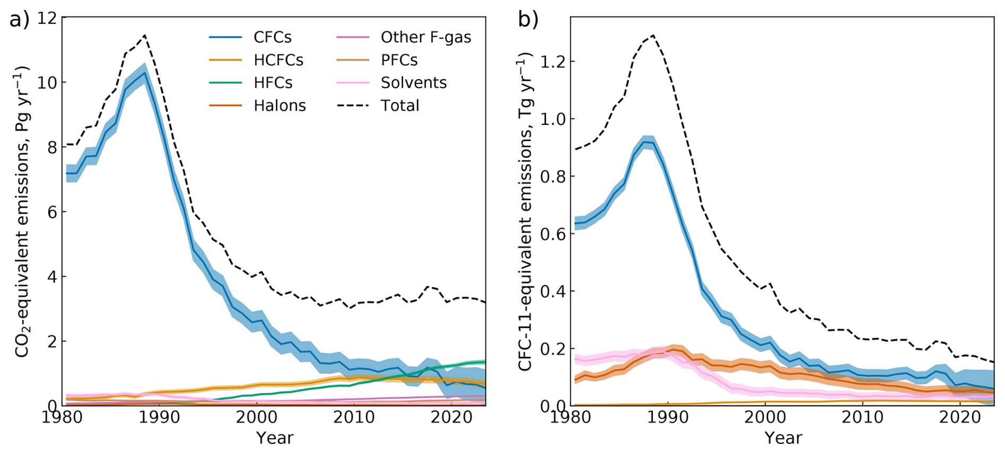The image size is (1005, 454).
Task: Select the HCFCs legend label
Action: point(278,60)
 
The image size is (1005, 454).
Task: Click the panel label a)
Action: point(20,20)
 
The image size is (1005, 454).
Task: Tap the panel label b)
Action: point(528,20)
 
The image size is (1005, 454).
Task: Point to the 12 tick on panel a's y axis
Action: point(47,18)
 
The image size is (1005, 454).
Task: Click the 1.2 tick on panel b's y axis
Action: point(552,62)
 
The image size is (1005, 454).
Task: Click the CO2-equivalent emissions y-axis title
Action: point(21,211)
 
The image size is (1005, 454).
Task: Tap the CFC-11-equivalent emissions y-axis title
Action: point(525,211)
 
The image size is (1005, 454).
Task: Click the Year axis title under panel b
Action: point(783,438)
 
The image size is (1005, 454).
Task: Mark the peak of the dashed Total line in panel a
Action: point(144,36)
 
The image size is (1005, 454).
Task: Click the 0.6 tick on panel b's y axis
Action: point(552,234)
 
